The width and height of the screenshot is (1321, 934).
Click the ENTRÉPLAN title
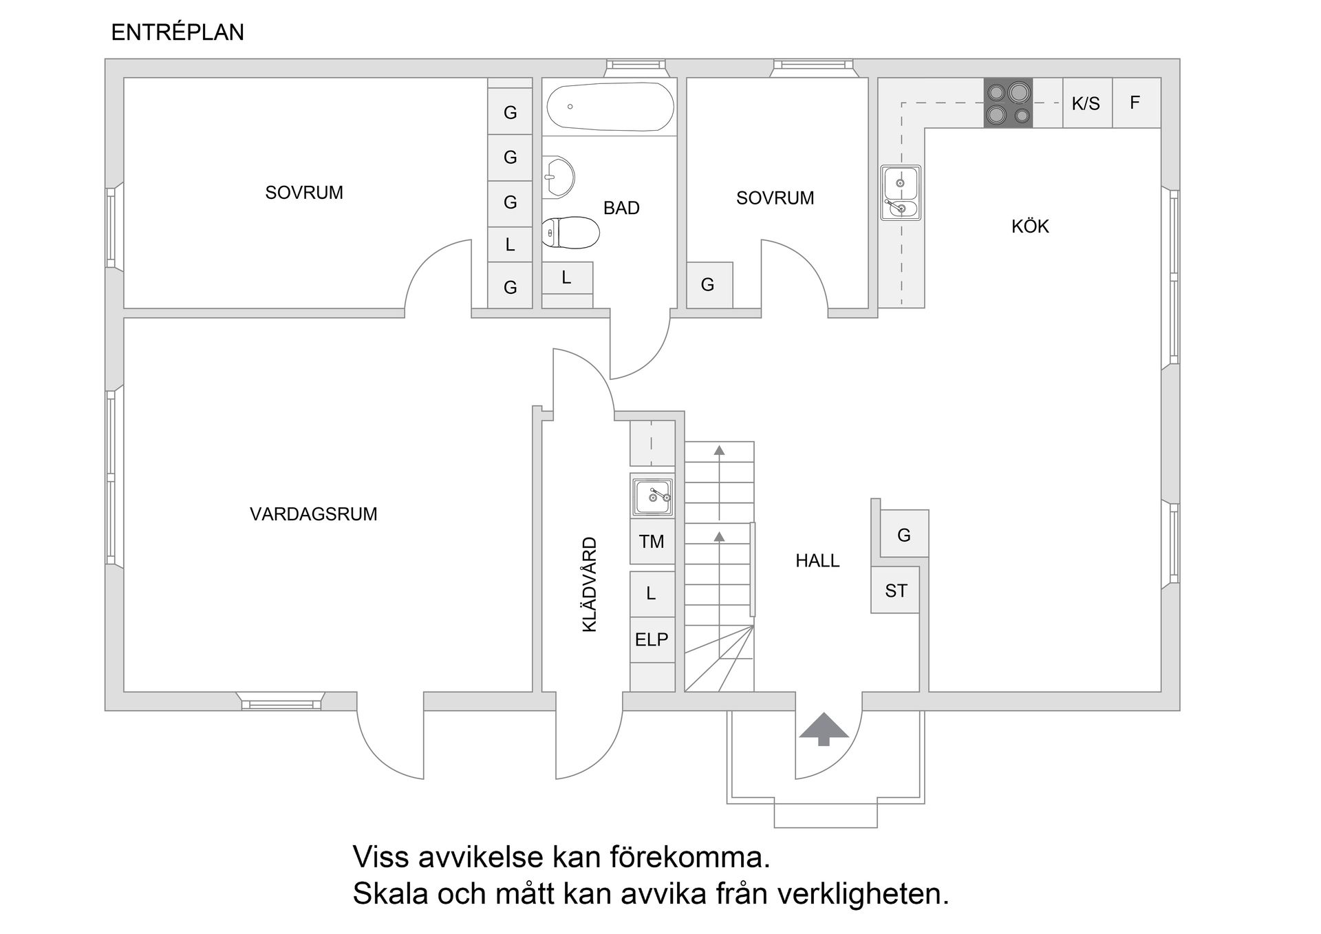[178, 32]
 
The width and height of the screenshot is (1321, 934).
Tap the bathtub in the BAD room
[610, 107]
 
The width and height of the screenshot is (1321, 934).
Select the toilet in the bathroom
[570, 233]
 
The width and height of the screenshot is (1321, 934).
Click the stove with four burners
[1008, 103]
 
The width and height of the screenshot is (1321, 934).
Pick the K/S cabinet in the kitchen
[1086, 103]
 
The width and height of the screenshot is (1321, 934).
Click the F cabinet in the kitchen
[1135, 103]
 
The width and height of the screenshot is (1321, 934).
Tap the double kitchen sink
[900, 193]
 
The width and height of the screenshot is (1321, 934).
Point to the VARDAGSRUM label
[313, 514]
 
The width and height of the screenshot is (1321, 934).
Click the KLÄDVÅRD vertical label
[590, 584]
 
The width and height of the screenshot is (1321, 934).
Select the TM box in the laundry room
[652, 542]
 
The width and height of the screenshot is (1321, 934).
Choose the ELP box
[652, 639]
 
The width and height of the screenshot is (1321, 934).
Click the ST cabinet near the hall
[895, 591]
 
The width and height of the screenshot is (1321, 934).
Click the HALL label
[817, 561]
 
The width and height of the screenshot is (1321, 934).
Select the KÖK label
[1030, 226]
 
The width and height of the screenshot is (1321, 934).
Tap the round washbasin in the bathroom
[558, 177]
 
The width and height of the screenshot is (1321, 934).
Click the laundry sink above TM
[652, 495]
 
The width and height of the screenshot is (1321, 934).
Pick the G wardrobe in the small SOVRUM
[709, 285]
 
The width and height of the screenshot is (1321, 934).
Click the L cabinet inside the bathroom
[567, 278]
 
